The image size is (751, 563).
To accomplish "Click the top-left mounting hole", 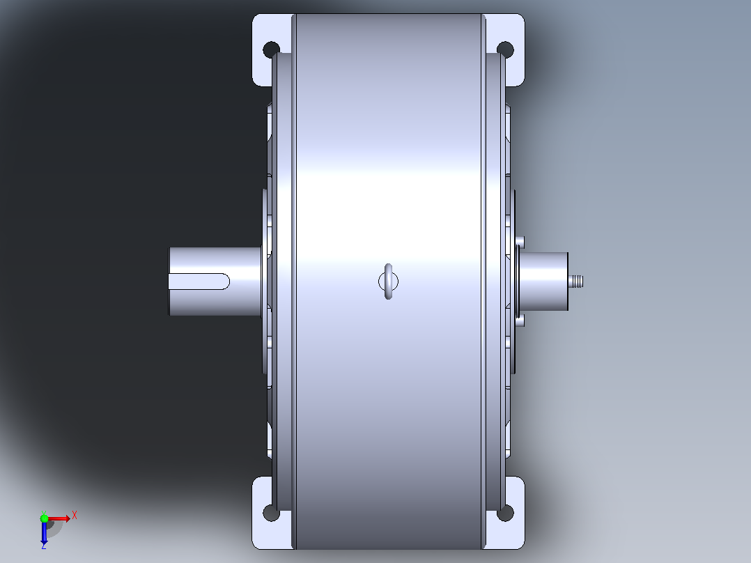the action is tap(270, 49).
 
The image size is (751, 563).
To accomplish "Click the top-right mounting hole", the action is tap(506, 49).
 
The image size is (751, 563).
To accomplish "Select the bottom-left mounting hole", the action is tap(270, 513).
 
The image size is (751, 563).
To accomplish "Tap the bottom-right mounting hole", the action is tap(506, 513).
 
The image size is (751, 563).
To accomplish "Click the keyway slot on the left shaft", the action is tap(199, 281).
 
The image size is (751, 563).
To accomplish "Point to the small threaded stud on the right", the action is tap(575, 281).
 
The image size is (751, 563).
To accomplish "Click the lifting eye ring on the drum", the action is tap(389, 281).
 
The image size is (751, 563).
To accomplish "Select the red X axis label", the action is tap(75, 516).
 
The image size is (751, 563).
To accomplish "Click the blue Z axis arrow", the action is tap(44, 532).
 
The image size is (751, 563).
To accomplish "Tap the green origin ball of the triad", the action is tap(44, 518).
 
